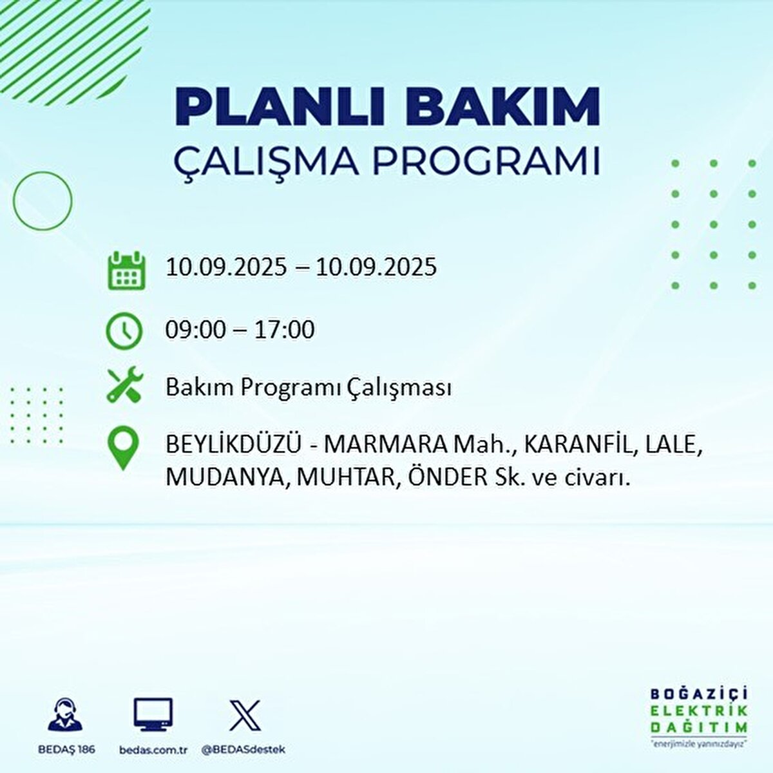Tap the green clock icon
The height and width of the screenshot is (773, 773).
[124, 331]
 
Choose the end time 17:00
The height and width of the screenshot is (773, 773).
[284, 330]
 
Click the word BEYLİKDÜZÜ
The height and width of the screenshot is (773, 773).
[233, 444]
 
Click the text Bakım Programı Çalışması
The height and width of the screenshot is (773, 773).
[308, 388]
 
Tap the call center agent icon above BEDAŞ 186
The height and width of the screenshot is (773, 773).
[66, 715]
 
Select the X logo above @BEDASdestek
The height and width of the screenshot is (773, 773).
[245, 715]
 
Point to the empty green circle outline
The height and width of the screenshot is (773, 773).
[43, 201]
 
